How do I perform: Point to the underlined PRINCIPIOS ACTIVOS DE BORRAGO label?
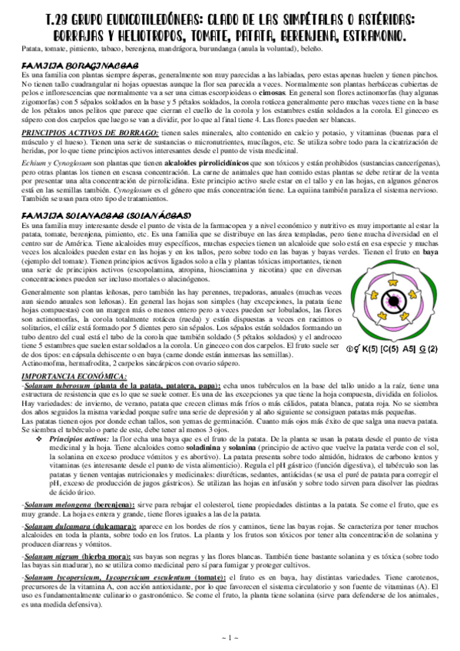(x=84, y=133)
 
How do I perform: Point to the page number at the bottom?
(x=230, y=637)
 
